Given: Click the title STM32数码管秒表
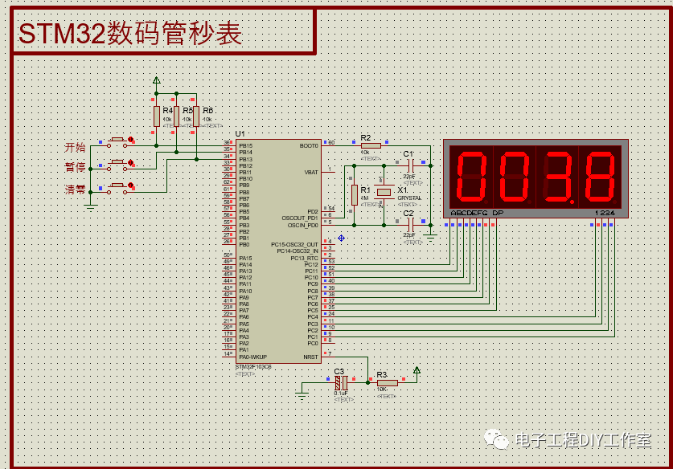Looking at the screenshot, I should click(131, 34).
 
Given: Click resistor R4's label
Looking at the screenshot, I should click(167, 110).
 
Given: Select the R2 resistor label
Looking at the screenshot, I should click(366, 138).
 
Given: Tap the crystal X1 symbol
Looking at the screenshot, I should click(384, 191).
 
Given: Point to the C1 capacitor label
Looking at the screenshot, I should click(408, 153).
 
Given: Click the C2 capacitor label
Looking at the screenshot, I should click(408, 213).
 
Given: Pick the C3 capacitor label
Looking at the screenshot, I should click(339, 372).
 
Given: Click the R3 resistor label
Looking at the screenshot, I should click(382, 374).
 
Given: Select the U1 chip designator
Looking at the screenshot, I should click(240, 133).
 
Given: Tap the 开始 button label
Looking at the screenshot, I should click(75, 147).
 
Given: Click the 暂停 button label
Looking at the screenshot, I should click(75, 167).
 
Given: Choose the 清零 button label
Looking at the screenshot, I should click(75, 190).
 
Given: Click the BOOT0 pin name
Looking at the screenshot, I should click(309, 146).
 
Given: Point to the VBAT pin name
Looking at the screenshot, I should click(311, 172).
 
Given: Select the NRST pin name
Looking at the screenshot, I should click(311, 357).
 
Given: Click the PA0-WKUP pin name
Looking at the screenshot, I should click(252, 357).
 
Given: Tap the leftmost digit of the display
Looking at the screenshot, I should click(472, 175).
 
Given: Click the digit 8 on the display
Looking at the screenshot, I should click(599, 175).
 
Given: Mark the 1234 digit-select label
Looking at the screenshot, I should click(604, 213).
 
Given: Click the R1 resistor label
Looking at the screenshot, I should click(365, 190).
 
